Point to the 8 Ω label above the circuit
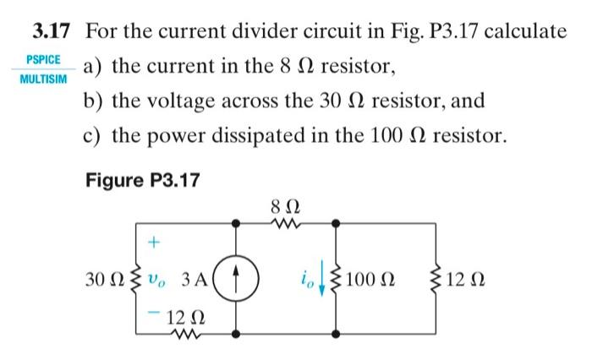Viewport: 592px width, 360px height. [284, 205]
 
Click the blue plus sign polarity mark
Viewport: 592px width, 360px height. [154, 243]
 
